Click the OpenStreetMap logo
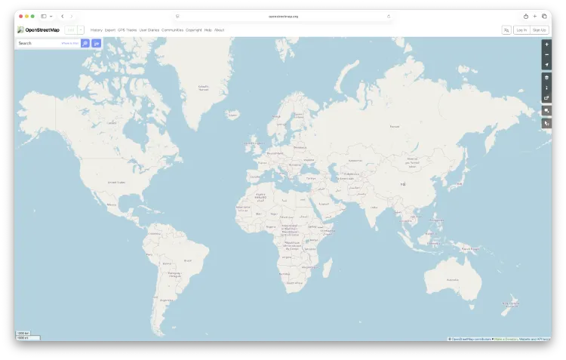pyautogui.click(x=38, y=30)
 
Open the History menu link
pyautogui.click(x=96, y=30)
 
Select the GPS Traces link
pyautogui.click(x=127, y=30)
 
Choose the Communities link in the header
pyautogui.click(x=172, y=30)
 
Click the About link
pyautogui.click(x=219, y=30)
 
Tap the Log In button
pyautogui.click(x=521, y=30)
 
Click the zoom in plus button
pyautogui.click(x=546, y=45)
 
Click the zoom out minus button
pyautogui.click(x=546, y=54)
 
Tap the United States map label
pyautogui.click(x=116, y=183)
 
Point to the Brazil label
pyautogui.click(x=187, y=260)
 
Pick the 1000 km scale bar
pyautogui.click(x=24, y=333)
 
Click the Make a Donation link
pyautogui.click(x=506, y=339)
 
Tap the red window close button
pyautogui.click(x=20, y=16)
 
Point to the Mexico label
pyautogui.click(x=112, y=205)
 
